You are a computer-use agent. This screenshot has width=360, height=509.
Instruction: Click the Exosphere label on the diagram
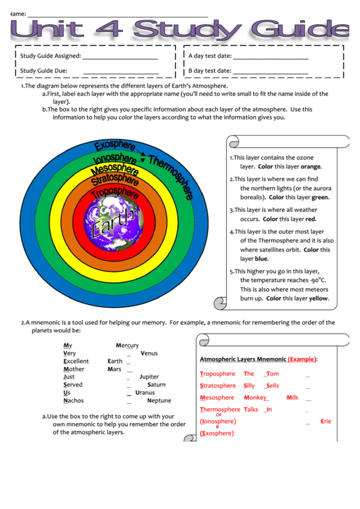[x=115, y=145]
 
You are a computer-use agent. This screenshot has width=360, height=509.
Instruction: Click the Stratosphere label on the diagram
[x=115, y=179]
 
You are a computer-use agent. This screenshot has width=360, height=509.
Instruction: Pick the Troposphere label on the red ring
[x=115, y=192]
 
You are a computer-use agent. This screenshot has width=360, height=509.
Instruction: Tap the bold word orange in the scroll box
[x=311, y=166]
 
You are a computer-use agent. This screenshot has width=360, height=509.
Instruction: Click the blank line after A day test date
[x=270, y=58]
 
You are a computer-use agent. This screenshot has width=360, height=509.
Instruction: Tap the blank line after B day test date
[x=270, y=72]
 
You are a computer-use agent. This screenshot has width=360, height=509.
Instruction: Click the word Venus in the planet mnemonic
[x=149, y=353]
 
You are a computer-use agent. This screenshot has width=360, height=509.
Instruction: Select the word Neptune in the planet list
[x=159, y=400]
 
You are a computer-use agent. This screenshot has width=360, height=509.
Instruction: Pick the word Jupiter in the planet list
[x=149, y=376]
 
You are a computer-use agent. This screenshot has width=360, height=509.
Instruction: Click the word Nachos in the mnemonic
[x=73, y=400]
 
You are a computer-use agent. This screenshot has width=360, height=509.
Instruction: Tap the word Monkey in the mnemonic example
[x=255, y=398]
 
